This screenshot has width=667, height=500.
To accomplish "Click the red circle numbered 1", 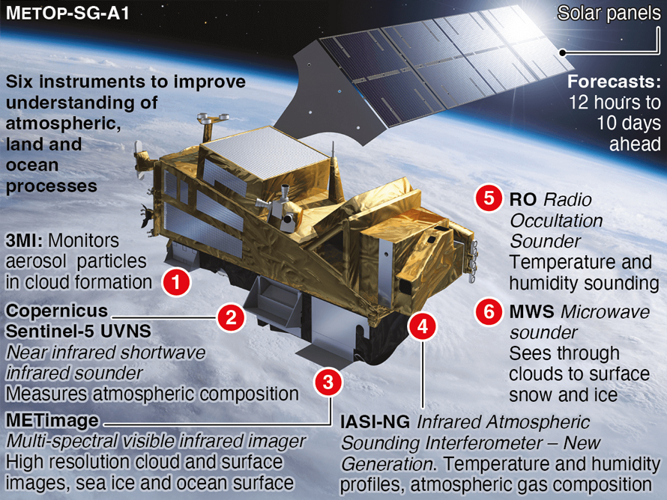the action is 176,281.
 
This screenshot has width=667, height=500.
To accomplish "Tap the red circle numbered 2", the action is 231,317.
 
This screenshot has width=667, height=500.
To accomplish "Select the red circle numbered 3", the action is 328,382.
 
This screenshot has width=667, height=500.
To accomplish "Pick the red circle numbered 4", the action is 423,326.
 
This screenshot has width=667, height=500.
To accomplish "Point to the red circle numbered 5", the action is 489,198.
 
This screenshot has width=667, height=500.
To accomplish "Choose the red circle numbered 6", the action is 489,311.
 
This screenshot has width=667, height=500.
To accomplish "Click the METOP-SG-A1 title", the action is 67,13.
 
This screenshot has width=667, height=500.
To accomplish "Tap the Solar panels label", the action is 609,13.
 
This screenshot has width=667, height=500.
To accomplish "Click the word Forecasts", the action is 614,81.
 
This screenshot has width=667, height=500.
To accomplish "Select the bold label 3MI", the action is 24,240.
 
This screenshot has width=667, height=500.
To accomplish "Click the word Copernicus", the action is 56,311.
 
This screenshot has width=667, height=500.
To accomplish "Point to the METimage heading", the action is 52,421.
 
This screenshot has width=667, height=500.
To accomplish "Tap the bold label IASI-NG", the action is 375,422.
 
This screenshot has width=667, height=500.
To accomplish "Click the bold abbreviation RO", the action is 523,199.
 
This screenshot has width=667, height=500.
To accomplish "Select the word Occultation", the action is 556,221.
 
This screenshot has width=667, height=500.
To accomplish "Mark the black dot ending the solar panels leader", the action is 562,52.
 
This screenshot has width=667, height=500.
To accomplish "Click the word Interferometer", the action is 483,443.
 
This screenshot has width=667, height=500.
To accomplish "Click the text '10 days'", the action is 629,124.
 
